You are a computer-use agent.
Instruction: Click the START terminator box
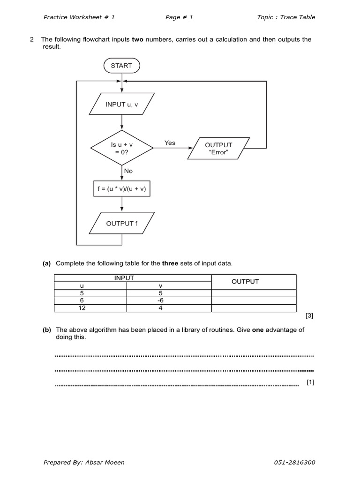tap(121, 66)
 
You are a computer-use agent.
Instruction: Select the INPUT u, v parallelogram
tap(122, 105)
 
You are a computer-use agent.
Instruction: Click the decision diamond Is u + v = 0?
tap(122, 149)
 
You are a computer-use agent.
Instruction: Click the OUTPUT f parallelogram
tap(122, 224)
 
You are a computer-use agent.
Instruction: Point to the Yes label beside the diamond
tap(170, 143)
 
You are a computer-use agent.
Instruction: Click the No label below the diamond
tap(128, 171)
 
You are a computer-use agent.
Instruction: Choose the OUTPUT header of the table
tap(245, 282)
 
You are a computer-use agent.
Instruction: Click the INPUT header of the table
tap(124, 278)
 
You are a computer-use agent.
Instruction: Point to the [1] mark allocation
tap(310, 382)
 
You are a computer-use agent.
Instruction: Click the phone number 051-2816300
tap(294, 462)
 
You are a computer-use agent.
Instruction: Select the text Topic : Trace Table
tap(286, 17)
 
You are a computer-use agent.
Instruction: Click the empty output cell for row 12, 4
tap(254, 308)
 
